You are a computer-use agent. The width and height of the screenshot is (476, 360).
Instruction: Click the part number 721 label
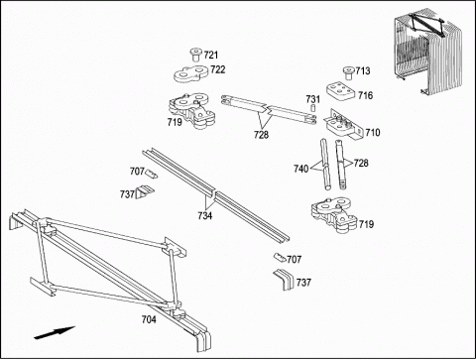click(x=211, y=55)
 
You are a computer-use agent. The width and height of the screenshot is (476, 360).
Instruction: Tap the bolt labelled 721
click(x=195, y=55)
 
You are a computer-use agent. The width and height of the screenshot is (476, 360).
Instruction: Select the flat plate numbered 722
click(x=190, y=73)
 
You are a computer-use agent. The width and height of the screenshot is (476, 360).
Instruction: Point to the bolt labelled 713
click(x=348, y=72)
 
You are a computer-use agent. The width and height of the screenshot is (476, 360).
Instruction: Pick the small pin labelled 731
click(x=312, y=108)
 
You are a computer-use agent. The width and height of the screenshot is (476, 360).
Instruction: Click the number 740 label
click(x=300, y=169)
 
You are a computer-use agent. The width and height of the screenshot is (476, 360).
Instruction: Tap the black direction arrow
click(x=55, y=332)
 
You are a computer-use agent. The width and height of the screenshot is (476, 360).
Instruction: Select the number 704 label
click(x=149, y=319)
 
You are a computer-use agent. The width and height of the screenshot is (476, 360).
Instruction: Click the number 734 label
click(x=205, y=216)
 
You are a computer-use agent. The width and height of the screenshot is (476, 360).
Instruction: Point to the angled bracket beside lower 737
click(x=284, y=280)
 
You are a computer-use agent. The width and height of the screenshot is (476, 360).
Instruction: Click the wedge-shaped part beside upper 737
click(x=145, y=192)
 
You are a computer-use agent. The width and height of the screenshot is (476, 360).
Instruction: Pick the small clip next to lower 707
click(x=280, y=257)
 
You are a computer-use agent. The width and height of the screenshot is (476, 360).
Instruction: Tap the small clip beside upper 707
click(x=152, y=174)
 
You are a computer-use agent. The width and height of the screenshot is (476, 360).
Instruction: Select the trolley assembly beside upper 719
click(x=191, y=110)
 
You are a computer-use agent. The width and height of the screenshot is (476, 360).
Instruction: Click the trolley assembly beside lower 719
click(x=334, y=214)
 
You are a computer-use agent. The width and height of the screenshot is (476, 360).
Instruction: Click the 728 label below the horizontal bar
click(x=261, y=135)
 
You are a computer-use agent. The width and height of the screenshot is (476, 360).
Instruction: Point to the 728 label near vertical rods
click(x=361, y=163)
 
